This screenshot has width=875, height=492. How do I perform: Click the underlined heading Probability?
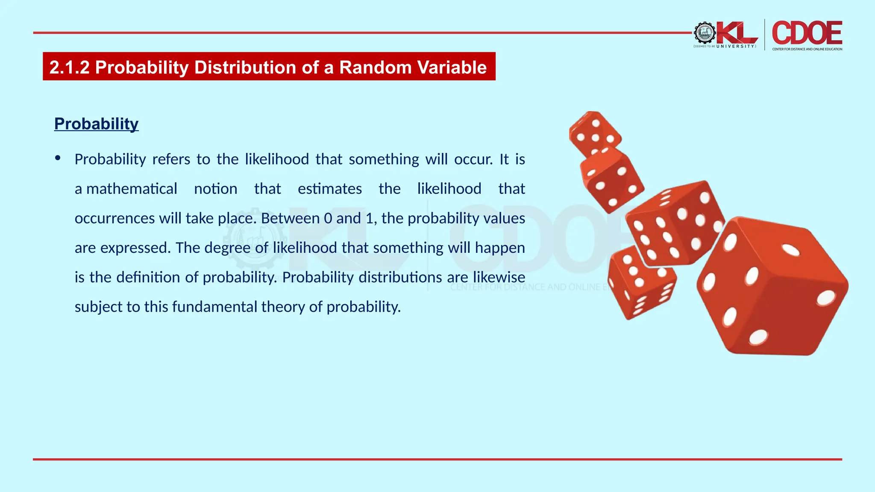coord(96,124)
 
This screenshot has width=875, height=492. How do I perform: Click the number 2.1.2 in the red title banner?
coord(69,67)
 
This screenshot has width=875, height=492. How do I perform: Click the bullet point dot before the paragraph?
coord(58,158)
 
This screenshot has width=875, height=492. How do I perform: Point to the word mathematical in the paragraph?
coord(132,189)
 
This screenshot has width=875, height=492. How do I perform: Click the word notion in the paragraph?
coord(215,189)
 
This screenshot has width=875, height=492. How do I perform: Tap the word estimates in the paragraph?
coord(329,189)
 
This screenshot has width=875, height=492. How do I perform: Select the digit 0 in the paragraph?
coord(328,218)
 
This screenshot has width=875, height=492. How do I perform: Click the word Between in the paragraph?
coord(290,218)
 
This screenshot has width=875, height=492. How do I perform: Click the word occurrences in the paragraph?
coord(115,218)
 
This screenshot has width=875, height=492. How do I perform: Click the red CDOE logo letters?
coord(807,33)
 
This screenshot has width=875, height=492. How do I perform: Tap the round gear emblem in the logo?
coord(705,33)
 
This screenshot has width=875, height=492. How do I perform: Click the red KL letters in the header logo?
coord(736,33)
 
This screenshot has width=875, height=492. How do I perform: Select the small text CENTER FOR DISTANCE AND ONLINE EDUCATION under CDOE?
coord(807,49)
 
